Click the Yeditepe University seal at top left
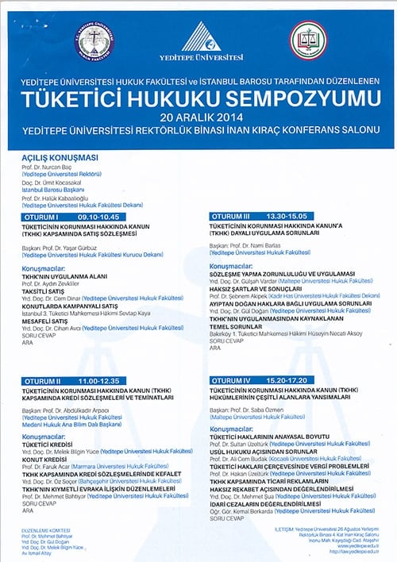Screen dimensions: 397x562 tap(94, 40)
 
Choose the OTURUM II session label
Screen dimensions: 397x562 tap(43, 382)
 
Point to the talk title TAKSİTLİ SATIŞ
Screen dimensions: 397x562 tap(45, 291)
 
